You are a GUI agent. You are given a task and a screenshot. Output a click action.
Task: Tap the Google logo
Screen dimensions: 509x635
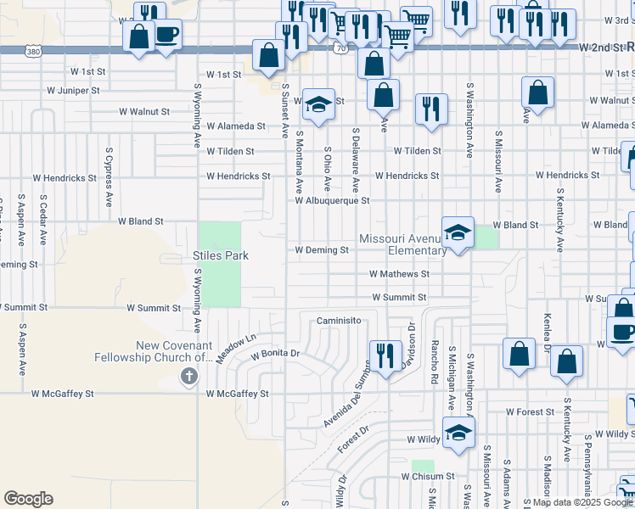point(28,499)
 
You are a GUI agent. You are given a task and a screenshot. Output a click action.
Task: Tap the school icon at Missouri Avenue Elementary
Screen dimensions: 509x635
point(458,234)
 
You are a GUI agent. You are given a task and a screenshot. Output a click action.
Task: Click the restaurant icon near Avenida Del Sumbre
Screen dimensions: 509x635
point(385,356)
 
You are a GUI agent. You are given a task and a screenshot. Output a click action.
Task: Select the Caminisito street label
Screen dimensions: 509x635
point(340,321)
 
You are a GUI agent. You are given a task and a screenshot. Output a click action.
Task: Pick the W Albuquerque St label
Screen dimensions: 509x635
point(332,201)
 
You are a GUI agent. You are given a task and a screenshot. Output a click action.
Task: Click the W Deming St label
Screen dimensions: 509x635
point(322,250)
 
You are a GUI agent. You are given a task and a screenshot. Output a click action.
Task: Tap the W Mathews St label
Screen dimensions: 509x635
point(399,274)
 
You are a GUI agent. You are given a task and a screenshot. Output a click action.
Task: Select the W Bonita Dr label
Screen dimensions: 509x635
point(275,353)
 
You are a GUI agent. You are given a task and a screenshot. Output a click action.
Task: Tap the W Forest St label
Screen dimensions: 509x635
point(530,411)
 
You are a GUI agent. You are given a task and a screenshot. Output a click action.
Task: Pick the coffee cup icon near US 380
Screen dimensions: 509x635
point(166,35)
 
